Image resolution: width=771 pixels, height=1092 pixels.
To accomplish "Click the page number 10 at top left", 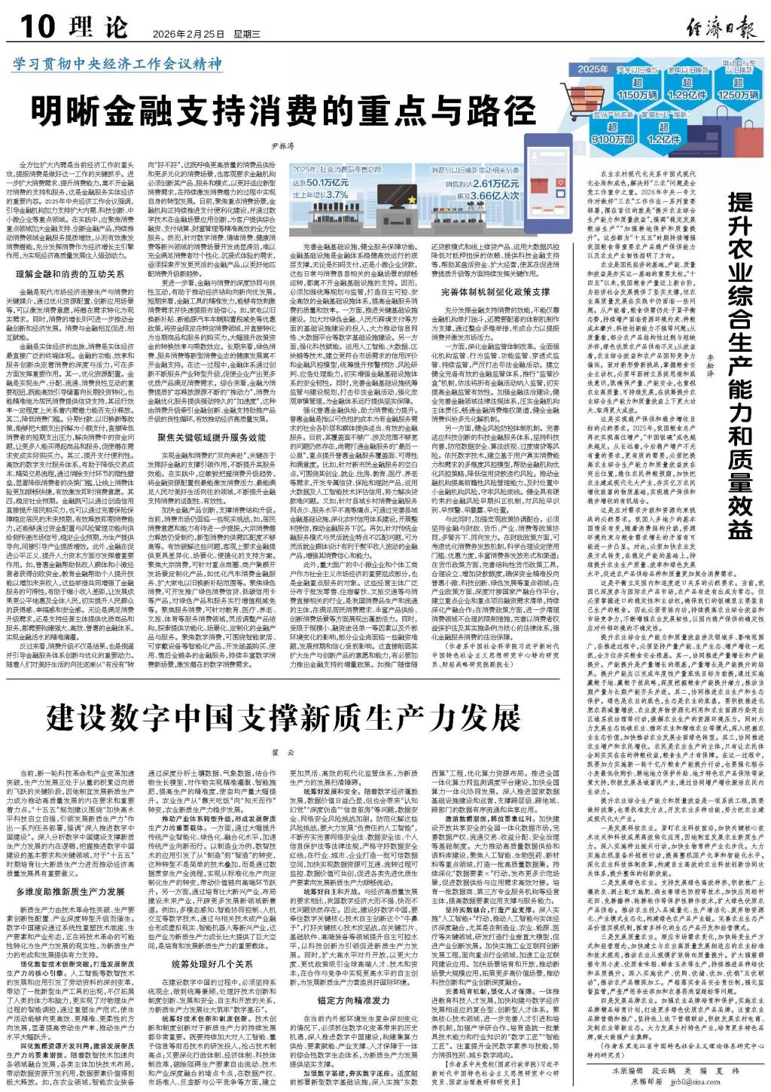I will (38, 26).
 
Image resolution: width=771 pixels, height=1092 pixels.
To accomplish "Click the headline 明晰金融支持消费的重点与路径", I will (283, 111).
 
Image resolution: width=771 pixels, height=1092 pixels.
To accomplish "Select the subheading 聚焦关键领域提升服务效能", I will (212, 437).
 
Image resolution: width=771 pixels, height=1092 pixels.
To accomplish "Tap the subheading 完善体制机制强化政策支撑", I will (495, 292).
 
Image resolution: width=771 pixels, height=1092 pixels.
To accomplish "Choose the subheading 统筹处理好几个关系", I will (212, 963).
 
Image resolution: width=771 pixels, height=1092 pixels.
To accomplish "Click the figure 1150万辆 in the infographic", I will (637, 95).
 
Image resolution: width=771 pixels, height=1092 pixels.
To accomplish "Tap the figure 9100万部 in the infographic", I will (613, 139).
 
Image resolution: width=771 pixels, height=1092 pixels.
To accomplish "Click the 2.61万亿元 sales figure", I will (493, 183).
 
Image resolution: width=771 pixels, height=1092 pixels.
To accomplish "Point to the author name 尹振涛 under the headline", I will (282, 146).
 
